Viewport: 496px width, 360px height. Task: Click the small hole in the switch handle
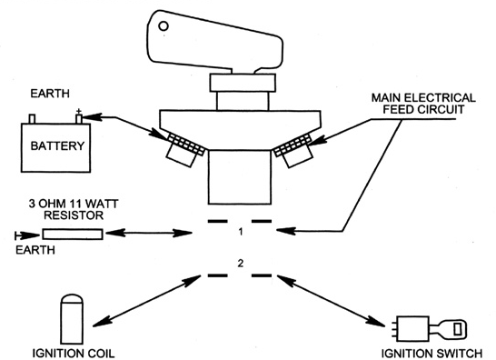click(x=164, y=26)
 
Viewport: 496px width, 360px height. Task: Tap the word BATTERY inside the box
click(x=57, y=146)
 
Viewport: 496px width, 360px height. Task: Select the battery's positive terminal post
click(x=79, y=119)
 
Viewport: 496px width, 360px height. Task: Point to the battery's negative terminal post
click(x=32, y=119)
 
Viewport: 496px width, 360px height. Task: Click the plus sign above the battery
click(x=79, y=111)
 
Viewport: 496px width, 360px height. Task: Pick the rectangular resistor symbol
click(x=73, y=234)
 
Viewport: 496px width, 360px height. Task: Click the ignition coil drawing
click(x=72, y=319)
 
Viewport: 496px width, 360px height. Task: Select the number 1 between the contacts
click(x=241, y=232)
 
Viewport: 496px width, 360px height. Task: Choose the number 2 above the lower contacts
click(x=241, y=263)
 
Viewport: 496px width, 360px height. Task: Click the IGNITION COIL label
click(x=74, y=354)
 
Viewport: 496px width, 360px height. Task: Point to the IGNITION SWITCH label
click(x=432, y=354)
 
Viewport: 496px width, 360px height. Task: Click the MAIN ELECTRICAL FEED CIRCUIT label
click(x=423, y=104)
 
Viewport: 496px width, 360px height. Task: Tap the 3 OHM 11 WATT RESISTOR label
click(x=74, y=209)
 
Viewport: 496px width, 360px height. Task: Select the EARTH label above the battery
click(x=50, y=94)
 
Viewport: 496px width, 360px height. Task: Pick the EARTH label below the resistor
click(x=35, y=250)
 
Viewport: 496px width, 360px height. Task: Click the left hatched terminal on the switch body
click(x=186, y=145)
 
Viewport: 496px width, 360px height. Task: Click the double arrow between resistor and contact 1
click(x=149, y=234)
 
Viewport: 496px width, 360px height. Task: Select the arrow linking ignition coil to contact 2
click(x=146, y=301)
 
